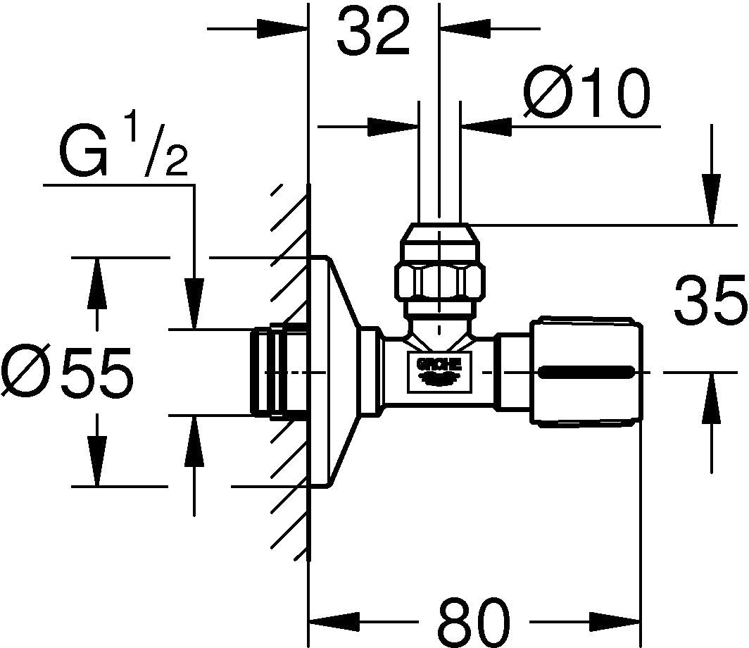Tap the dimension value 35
pyautogui.click(x=709, y=300)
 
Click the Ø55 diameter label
pyautogui.click(x=67, y=372)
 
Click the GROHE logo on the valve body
pyautogui.click(x=439, y=370)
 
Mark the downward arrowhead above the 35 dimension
pyautogui.click(x=711, y=206)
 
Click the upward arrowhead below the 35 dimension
pyautogui.click(x=711, y=392)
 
